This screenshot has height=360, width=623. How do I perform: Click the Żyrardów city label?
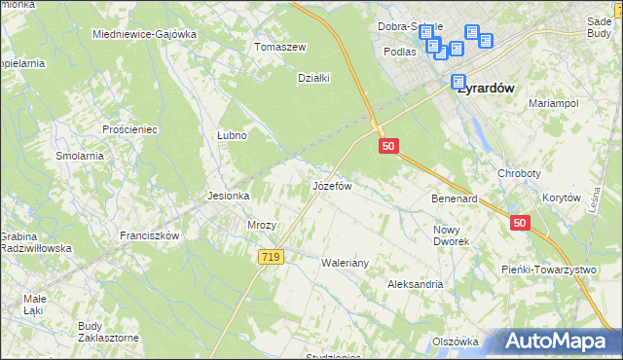[487, 86]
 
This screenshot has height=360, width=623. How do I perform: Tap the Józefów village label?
[331, 184]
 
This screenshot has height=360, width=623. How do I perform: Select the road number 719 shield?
[272, 256]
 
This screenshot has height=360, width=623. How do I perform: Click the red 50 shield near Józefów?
[388, 145]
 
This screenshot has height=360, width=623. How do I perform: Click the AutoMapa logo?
[560, 341]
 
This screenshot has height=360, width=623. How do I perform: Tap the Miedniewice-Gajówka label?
[144, 33]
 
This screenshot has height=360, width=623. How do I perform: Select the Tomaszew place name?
[280, 47]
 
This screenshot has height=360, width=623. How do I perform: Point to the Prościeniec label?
[129, 128]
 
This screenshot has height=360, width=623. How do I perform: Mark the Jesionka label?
[229, 196]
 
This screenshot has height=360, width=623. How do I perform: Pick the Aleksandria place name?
[416, 284]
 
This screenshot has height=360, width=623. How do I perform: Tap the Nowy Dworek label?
[452, 234]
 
